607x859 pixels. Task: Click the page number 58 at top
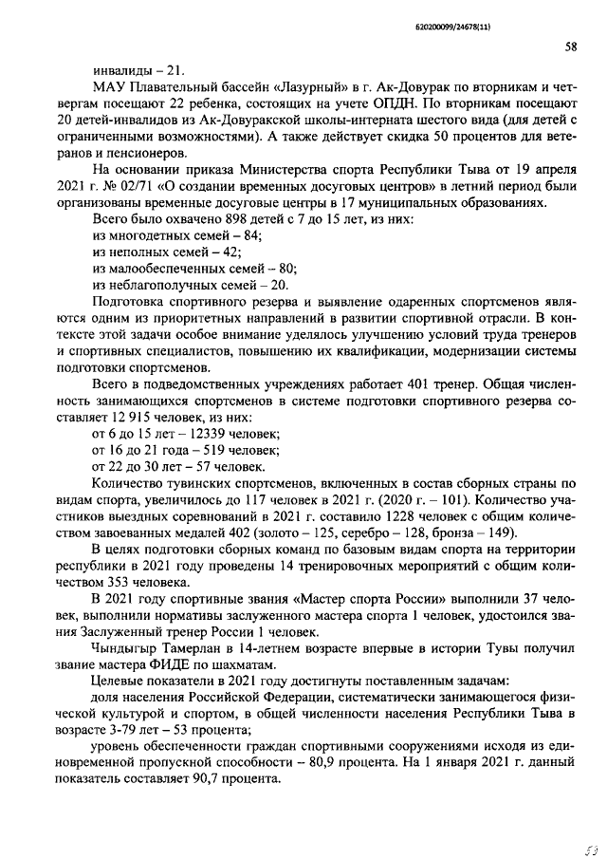click(571, 46)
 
